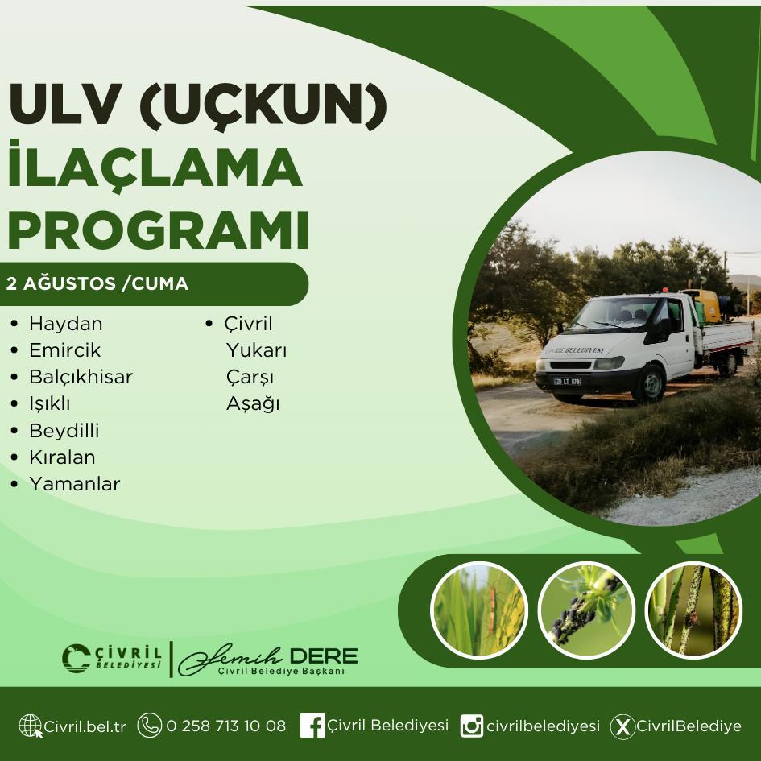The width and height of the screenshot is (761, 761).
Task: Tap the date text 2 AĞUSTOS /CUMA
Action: coord(97,283)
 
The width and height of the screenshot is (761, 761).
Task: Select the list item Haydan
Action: coord(66,324)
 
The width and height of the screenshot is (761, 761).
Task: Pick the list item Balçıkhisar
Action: coord(81,377)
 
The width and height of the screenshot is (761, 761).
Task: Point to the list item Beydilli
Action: coord(64,431)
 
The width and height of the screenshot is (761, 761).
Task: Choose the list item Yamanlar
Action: coord(75,484)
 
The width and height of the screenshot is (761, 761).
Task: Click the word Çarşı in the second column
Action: coord(250,378)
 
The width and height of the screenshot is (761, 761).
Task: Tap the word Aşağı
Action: coord(253,403)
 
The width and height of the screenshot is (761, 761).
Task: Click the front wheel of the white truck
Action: coord(650,383)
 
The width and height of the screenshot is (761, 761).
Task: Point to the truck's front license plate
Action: coord(568,382)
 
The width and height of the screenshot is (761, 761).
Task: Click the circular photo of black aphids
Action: coord(586,610)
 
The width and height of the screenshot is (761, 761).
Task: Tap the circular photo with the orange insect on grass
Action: coord(479,610)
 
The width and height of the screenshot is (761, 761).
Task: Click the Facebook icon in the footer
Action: coord(312,726)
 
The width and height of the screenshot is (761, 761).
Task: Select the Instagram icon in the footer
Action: coord(471,726)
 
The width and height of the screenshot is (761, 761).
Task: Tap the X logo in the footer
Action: coord(622,726)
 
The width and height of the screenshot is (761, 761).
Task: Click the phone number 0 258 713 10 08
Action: coord(226,726)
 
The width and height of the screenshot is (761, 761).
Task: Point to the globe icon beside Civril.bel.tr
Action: coord(31,726)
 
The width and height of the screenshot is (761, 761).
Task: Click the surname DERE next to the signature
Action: coord(323,656)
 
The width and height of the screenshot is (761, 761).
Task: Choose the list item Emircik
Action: coord(65,350)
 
